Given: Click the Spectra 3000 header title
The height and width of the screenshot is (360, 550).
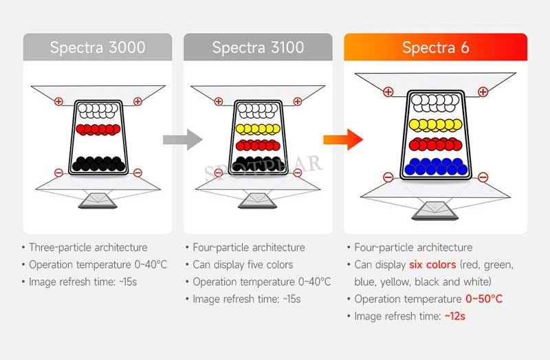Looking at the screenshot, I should (97, 47).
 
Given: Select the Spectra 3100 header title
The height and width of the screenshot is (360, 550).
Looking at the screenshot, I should (258, 47).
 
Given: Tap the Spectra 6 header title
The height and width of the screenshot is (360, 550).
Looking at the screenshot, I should (435, 47).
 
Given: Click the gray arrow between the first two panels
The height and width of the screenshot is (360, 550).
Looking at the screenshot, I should (182, 140).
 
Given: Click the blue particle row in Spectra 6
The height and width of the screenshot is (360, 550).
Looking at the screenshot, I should (435, 166).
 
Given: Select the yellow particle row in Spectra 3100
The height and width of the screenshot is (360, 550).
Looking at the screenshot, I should (258, 128).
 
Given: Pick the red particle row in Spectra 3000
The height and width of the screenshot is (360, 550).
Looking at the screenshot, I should (97, 128).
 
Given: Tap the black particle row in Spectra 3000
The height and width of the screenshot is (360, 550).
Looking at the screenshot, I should (97, 163).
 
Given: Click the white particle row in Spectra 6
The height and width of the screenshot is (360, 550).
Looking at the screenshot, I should (435, 104).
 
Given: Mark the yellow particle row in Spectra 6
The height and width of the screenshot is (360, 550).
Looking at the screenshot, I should (435, 124).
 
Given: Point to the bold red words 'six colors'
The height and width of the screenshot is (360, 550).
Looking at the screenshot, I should (432, 265).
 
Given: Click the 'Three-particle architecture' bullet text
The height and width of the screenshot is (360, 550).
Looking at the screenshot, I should (87, 247).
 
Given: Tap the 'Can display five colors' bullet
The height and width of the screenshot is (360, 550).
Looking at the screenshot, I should (243, 265).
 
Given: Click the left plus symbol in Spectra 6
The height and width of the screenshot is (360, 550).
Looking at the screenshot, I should (388, 91).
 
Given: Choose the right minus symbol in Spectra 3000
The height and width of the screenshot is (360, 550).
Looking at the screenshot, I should (137, 172).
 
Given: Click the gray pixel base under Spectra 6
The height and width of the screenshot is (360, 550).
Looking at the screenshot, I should (435, 209).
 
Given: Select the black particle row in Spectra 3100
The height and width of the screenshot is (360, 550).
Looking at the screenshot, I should (258, 163).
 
